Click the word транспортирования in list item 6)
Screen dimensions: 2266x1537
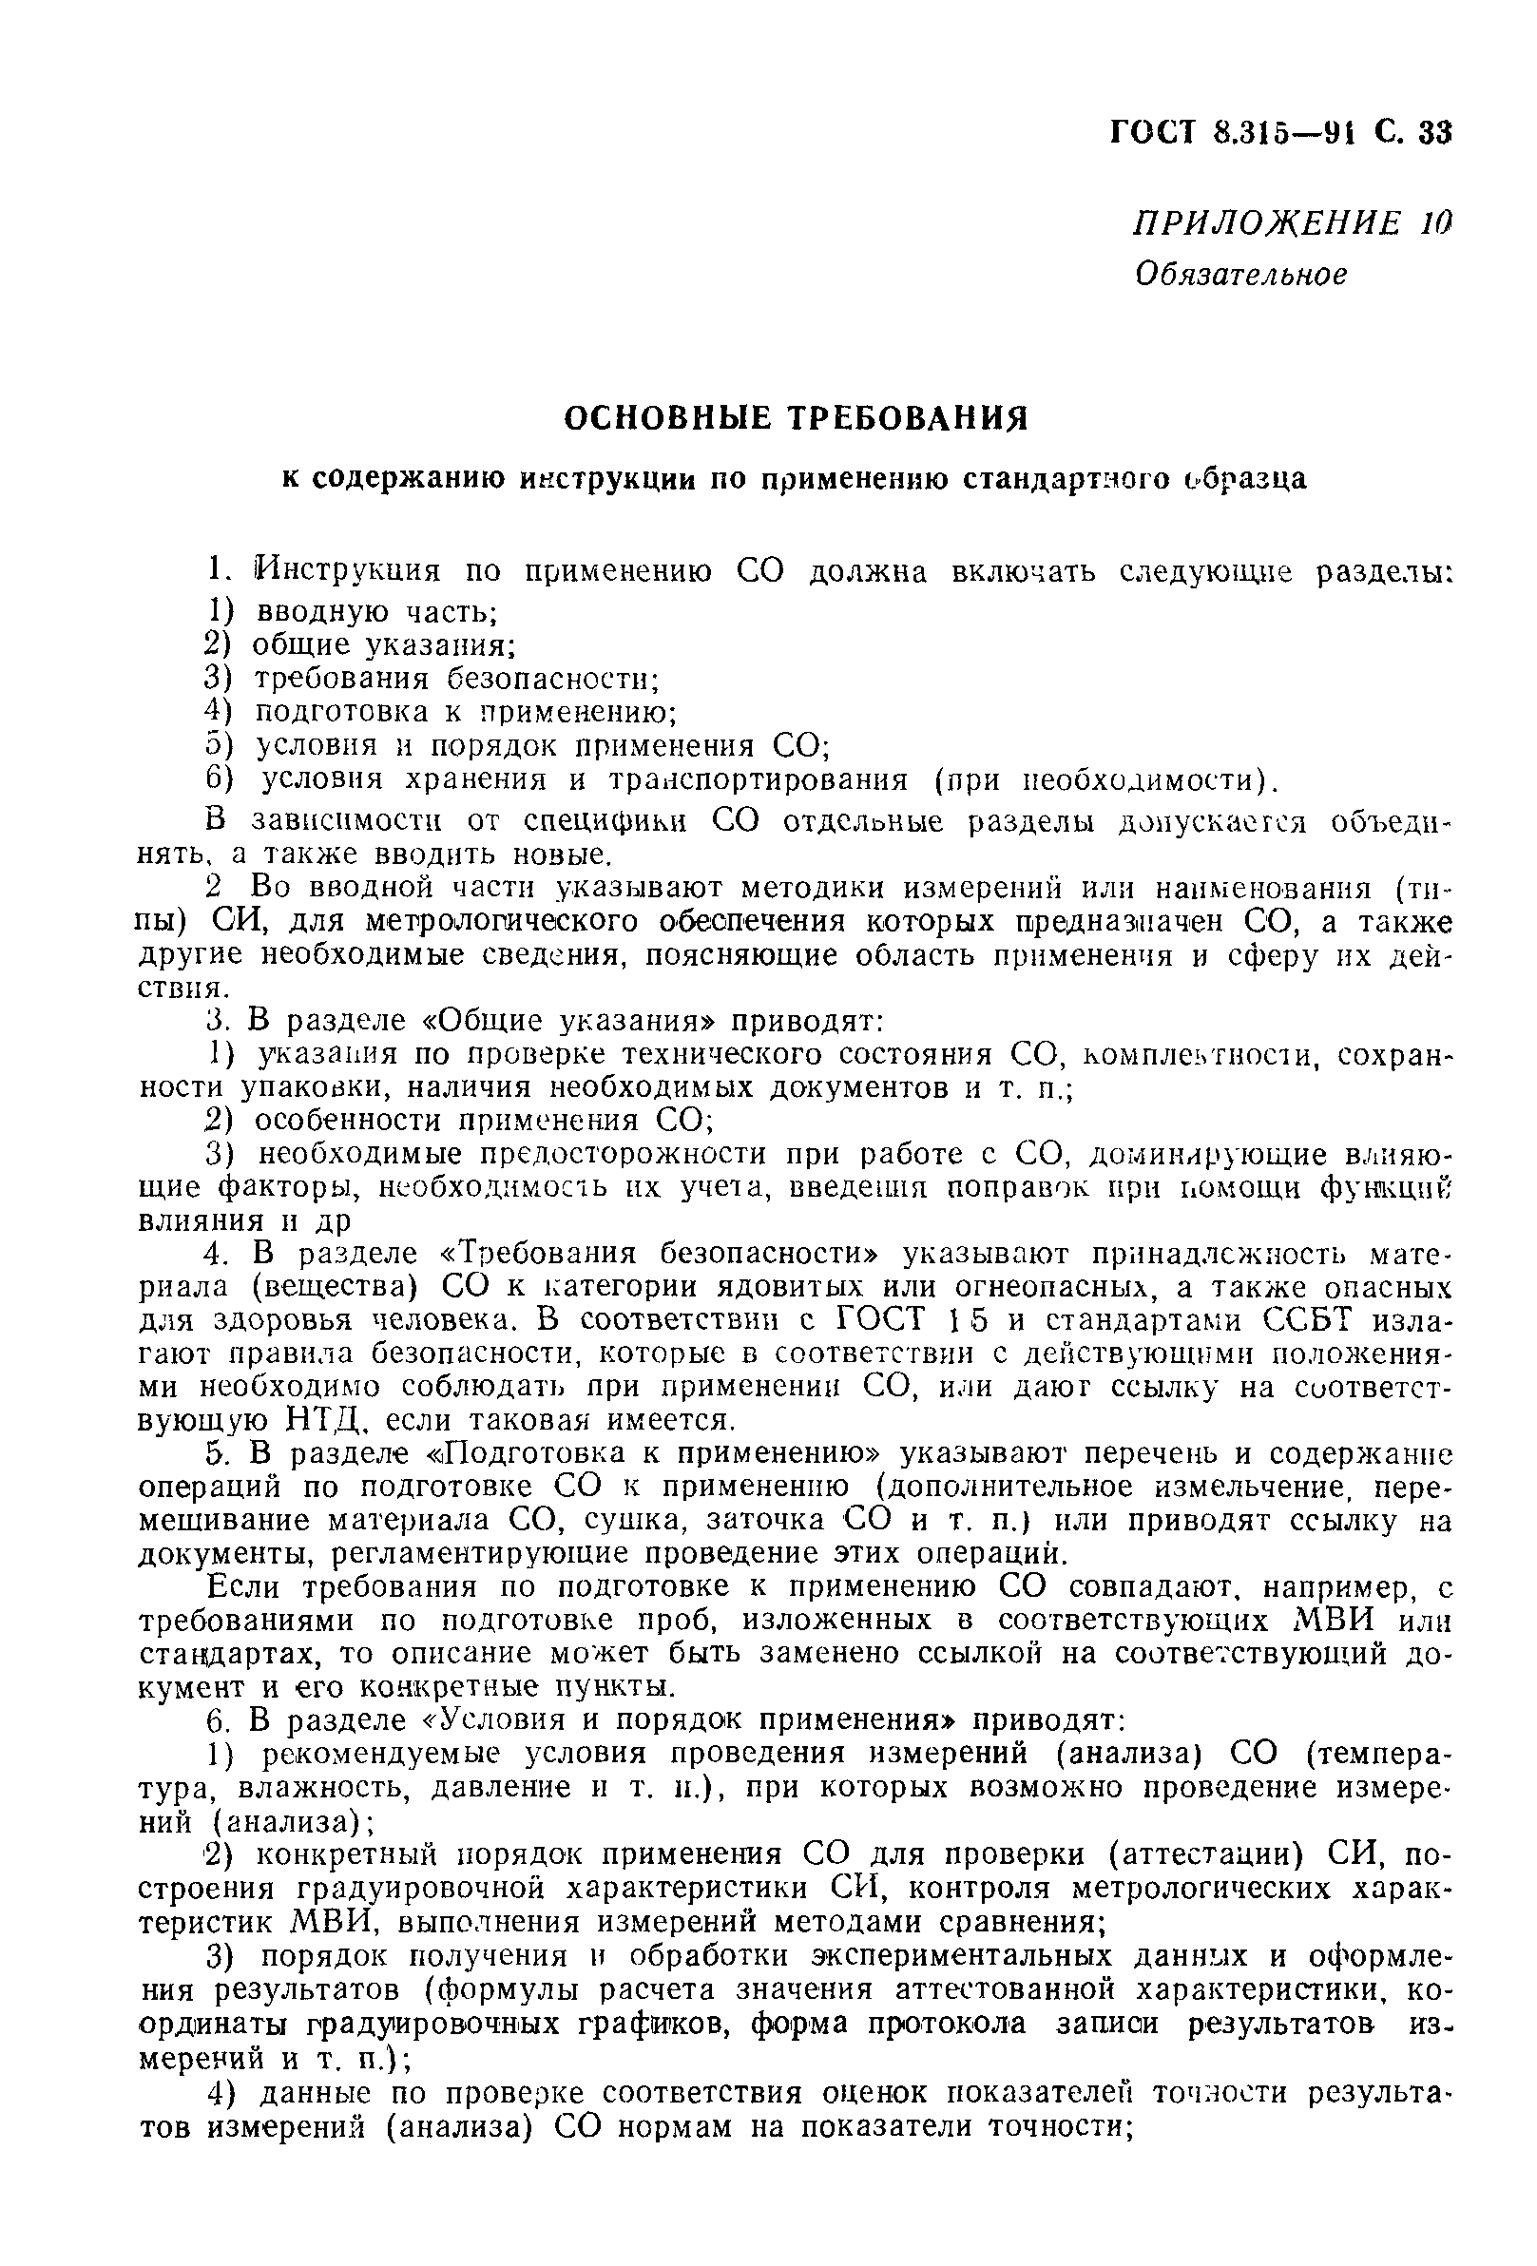[758, 780]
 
